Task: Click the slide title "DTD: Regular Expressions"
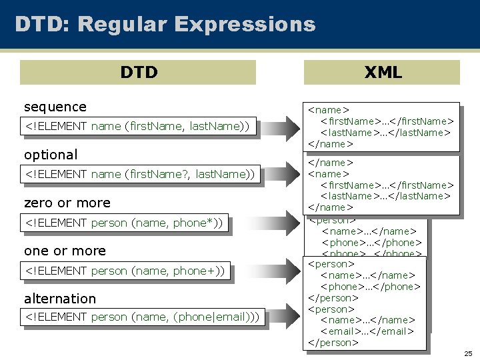165,25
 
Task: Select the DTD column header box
138,72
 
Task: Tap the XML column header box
382,72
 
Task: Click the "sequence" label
55,107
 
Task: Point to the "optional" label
51,155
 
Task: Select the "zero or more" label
67,203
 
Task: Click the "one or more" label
65,251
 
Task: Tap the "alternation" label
60,299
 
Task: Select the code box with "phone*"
124,223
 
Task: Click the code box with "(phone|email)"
142,317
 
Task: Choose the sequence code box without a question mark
137,126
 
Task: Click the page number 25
468,353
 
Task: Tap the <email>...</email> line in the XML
367,331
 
